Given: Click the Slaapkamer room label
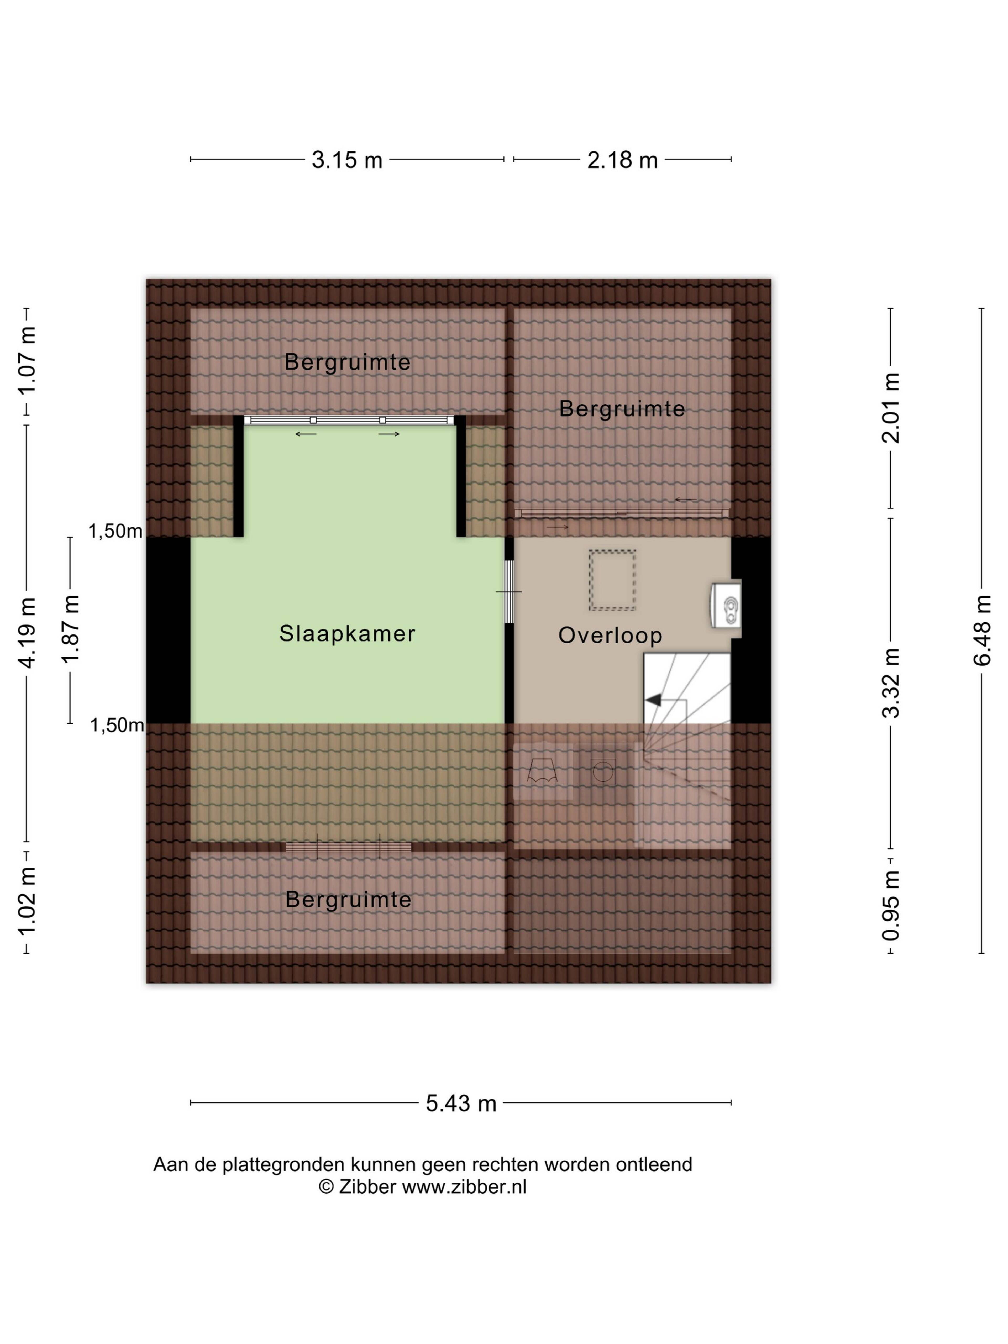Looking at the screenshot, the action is pyautogui.click(x=347, y=634).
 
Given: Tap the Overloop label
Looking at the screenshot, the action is pyautogui.click(x=610, y=636).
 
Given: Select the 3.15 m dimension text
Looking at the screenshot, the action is pyautogui.click(x=347, y=160).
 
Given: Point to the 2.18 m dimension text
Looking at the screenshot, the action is pyautogui.click(x=622, y=160).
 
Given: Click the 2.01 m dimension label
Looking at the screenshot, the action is pyautogui.click(x=891, y=408).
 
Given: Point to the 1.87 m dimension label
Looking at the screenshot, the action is pyautogui.click(x=70, y=630).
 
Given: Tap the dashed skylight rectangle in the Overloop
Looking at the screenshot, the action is pyautogui.click(x=612, y=580).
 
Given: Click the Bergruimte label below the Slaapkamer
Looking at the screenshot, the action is pyautogui.click(x=348, y=900).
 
